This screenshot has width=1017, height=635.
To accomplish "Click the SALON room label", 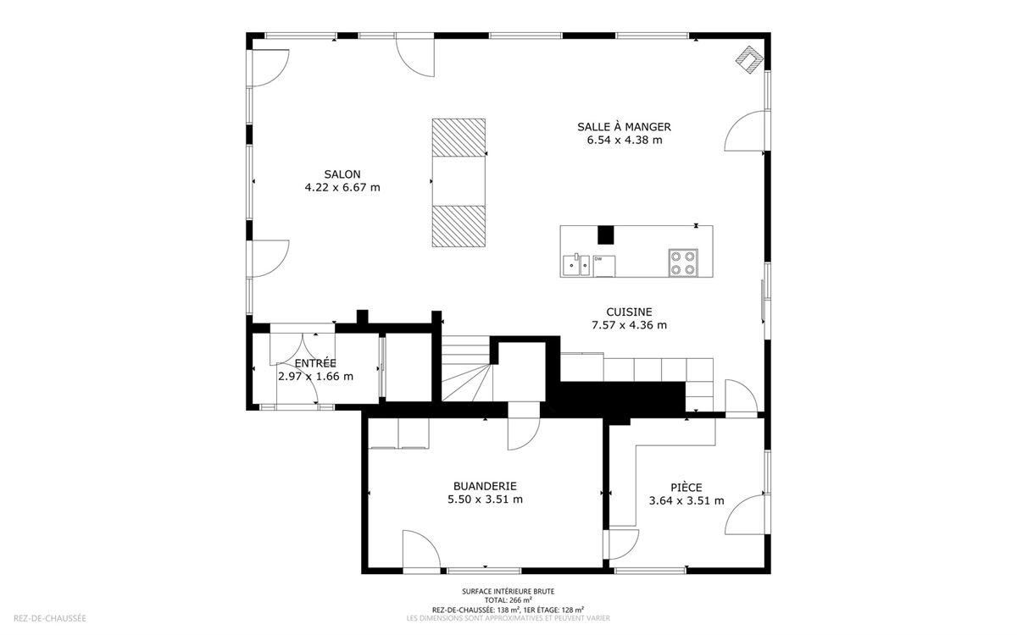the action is [x=342, y=174].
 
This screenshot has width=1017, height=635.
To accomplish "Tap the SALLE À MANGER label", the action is [x=624, y=126].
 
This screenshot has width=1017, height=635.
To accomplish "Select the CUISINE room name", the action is [x=629, y=312].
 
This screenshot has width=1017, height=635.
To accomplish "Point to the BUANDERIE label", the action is [x=485, y=486].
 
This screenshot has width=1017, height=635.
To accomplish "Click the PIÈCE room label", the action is [x=686, y=487].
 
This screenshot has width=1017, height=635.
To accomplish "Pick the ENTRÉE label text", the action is [x=315, y=363].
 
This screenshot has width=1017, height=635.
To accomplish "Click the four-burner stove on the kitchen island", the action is [x=683, y=262].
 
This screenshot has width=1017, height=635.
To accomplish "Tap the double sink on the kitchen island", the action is [x=575, y=265].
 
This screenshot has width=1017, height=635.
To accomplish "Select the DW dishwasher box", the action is [x=603, y=266].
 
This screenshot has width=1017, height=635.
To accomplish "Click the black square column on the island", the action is [x=605, y=235].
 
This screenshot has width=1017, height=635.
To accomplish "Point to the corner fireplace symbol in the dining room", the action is [x=749, y=59].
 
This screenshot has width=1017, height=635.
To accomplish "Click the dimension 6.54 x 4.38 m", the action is [x=625, y=141].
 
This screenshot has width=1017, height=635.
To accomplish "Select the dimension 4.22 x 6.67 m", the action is [x=342, y=187].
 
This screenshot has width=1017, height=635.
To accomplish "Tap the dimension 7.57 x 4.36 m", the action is [x=629, y=325].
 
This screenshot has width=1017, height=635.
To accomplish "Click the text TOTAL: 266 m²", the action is [x=508, y=600].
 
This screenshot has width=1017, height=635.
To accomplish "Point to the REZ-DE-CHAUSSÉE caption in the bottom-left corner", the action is [x=50, y=618].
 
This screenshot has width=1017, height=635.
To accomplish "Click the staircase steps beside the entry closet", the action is [x=467, y=368].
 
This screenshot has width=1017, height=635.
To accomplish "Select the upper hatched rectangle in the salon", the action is [x=458, y=137].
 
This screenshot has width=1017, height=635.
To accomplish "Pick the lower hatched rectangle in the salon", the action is [x=458, y=226].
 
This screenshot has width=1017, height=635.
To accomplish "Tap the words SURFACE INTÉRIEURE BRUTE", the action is [x=508, y=592].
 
